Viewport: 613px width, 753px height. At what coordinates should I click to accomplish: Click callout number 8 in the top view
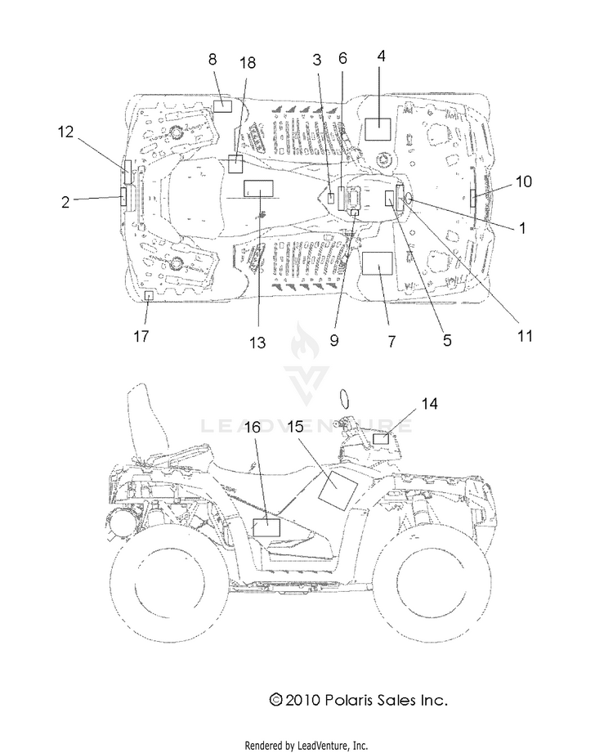point(213,59)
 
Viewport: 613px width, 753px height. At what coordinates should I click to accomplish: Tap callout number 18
point(248,62)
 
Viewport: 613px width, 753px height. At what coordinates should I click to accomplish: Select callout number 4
point(381,56)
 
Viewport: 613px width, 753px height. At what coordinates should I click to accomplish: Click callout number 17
point(141,336)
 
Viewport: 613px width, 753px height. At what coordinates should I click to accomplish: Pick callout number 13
point(257,343)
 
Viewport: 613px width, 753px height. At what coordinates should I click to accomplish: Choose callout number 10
point(524,181)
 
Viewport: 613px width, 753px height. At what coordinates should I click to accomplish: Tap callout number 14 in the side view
point(429,404)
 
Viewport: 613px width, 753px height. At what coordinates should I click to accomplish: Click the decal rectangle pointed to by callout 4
point(378,128)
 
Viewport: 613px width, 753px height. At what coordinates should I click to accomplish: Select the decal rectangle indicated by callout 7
point(377,263)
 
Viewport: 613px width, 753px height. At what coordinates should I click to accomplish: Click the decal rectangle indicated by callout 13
point(259,189)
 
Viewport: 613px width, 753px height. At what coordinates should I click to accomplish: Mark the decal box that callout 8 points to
point(222,106)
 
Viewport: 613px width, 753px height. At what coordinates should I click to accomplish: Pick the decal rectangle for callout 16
point(266,527)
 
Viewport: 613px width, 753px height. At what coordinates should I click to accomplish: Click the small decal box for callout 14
point(381,438)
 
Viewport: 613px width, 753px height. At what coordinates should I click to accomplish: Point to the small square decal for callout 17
point(150,295)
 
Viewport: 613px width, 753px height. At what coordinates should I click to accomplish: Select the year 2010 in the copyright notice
point(302,700)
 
